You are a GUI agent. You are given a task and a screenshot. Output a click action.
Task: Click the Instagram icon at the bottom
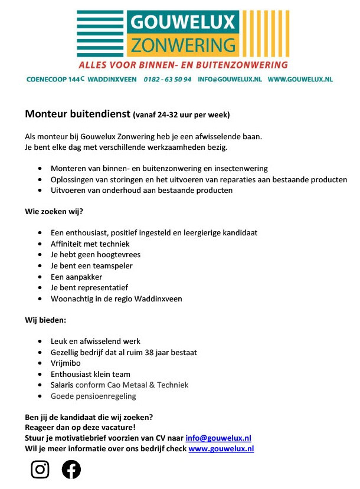pos(40,470)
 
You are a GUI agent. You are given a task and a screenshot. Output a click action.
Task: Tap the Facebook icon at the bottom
pos(71,470)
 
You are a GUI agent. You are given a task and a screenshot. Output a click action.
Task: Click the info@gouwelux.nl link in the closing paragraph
pos(218,438)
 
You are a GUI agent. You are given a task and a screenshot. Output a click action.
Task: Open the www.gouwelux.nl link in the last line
pos(221,448)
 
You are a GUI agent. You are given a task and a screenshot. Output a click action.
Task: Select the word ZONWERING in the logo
pos(183,45)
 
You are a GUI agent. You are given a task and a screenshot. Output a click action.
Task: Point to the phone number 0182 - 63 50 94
pos(168,78)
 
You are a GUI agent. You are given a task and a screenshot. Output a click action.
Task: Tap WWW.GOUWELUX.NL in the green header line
pos(300,78)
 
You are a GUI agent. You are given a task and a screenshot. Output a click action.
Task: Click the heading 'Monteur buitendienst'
pos(77,114)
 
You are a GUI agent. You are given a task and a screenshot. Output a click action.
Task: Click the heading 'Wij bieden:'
pos(45,320)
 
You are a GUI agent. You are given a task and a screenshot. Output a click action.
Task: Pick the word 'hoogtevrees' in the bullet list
pos(120,255)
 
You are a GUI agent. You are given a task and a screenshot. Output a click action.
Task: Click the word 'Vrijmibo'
pos(66,363)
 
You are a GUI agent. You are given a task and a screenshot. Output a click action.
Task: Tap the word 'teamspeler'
pos(112,265)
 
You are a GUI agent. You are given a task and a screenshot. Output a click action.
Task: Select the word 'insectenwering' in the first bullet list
pos(241,169)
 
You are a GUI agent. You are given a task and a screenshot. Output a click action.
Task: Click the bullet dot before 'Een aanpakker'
pos(39,277)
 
